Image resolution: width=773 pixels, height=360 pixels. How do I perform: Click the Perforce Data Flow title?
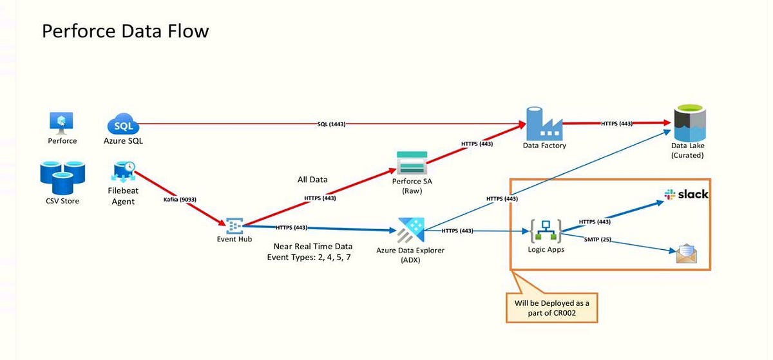click(x=126, y=31)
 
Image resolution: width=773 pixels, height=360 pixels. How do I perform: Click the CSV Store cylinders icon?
click(x=61, y=178)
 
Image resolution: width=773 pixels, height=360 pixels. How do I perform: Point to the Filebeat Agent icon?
click(x=123, y=171)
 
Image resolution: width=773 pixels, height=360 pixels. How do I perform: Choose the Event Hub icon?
click(x=234, y=225)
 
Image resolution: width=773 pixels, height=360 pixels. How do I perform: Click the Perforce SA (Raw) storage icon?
click(x=412, y=162)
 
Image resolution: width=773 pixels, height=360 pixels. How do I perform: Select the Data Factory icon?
click(x=544, y=123)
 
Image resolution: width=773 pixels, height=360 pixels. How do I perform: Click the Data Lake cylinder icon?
click(x=688, y=122)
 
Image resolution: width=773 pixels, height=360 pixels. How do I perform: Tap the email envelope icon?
click(x=686, y=253)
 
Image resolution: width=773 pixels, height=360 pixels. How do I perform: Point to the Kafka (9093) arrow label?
click(x=180, y=200)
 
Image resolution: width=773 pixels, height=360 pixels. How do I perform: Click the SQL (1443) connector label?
click(x=331, y=124)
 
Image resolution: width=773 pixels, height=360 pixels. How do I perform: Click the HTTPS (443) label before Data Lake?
click(x=616, y=124)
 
